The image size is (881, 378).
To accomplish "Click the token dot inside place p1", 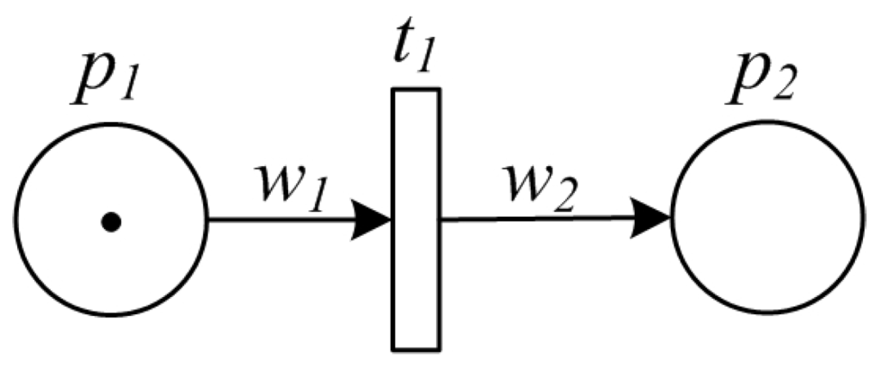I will point(111,222).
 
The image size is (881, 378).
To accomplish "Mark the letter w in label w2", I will point(530,180).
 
